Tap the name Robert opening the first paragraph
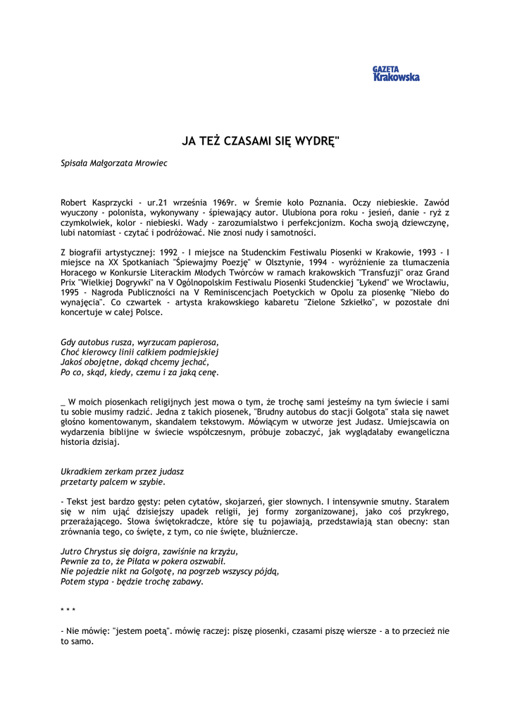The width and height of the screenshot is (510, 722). click(75, 202)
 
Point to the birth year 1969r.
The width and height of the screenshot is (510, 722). click(225, 202)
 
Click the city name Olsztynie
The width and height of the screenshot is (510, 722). click(252, 262)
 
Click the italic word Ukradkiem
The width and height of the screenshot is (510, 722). click(81, 471)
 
